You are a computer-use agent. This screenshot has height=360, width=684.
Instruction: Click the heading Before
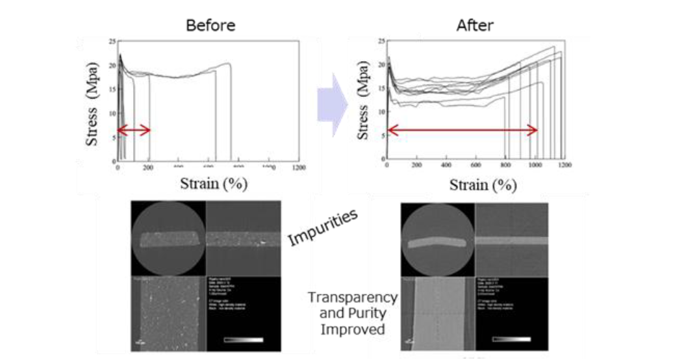(210, 26)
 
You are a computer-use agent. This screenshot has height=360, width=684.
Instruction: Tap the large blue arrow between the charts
(333, 104)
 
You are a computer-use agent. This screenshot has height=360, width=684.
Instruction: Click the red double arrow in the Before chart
(133, 130)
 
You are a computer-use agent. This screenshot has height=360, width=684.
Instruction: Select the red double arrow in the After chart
(462, 130)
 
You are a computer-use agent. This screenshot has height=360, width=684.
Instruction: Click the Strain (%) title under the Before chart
(214, 184)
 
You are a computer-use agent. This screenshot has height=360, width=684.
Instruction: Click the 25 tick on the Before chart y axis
(112, 42)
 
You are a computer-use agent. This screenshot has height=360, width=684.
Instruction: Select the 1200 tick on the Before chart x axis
(299, 168)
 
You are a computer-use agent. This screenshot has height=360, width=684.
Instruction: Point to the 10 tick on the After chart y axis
(380, 111)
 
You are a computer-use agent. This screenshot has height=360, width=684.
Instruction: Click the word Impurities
(323, 229)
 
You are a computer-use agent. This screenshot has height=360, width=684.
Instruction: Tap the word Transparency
(353, 297)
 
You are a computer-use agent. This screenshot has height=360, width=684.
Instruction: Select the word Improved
(353, 329)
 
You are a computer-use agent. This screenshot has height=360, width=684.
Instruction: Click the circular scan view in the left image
(168, 239)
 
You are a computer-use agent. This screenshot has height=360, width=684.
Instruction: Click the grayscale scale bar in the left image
(244, 339)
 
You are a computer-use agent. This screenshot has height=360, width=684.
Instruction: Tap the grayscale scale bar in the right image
(513, 339)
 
